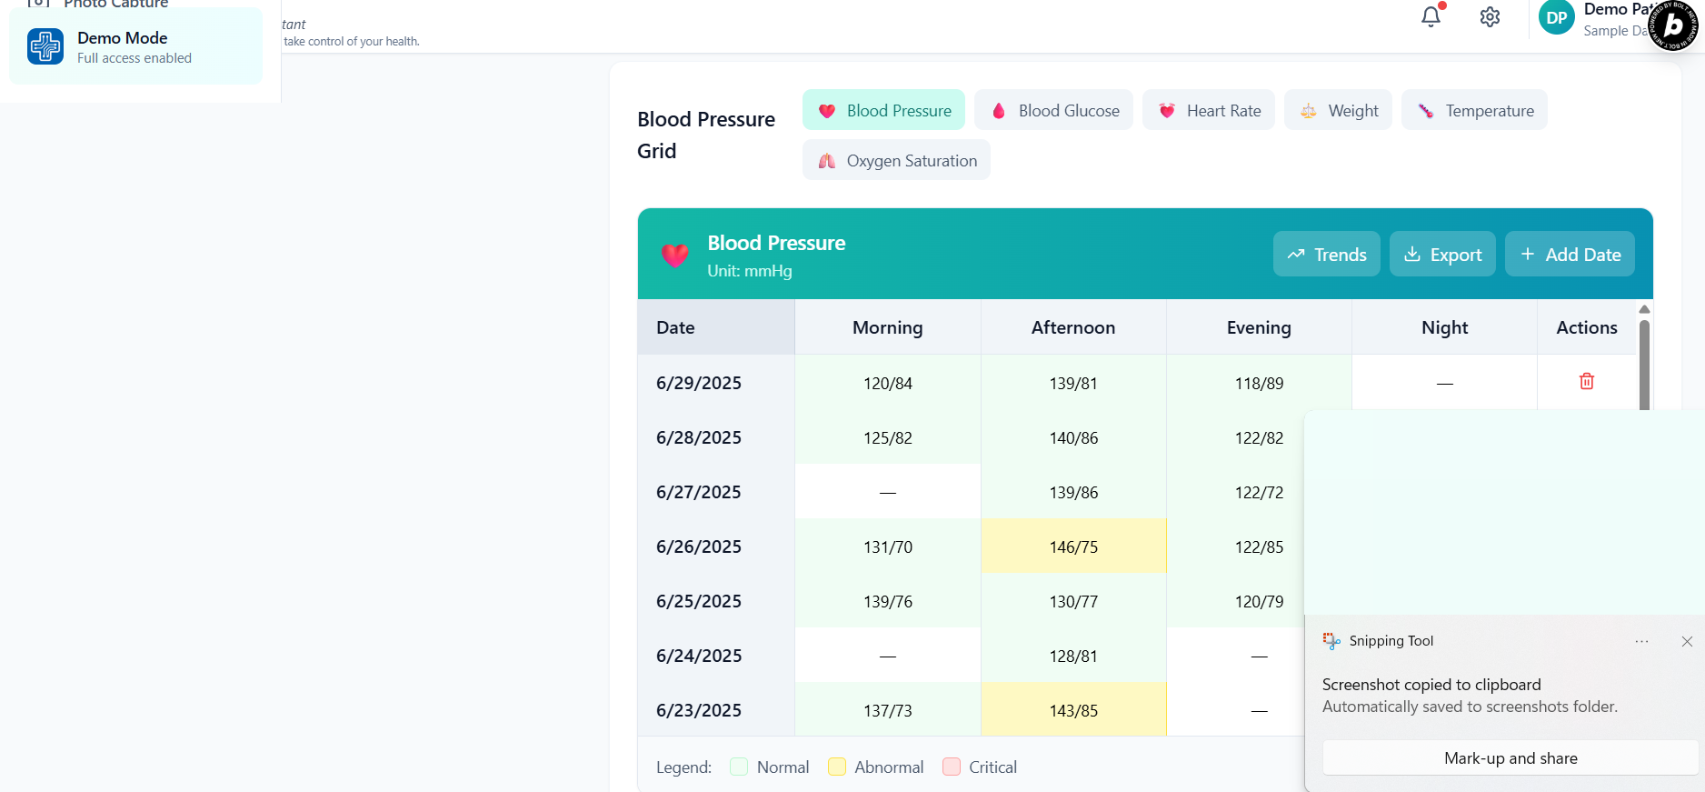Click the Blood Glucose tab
pos(1053,110)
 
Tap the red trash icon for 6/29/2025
pos(1586,382)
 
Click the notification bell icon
pos(1431,16)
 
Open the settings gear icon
pos(1490,17)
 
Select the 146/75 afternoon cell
pos(1073,546)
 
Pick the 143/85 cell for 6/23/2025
pos(1073,710)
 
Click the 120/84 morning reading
pos(887,384)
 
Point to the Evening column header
pos(1258,327)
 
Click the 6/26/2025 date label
pos(699,546)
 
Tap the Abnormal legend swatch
pos(837,767)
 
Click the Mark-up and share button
pos(1510,757)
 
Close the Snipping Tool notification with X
pos(1687,641)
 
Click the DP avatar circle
pos(1556,17)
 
